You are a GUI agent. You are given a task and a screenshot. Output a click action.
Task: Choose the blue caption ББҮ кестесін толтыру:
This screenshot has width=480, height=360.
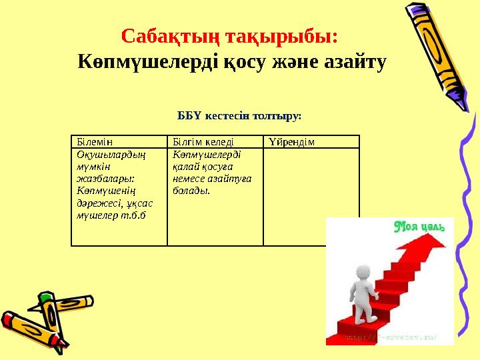pyautogui.click(x=239, y=115)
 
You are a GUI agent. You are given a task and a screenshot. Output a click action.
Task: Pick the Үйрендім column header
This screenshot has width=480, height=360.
pyautogui.click(x=292, y=142)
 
